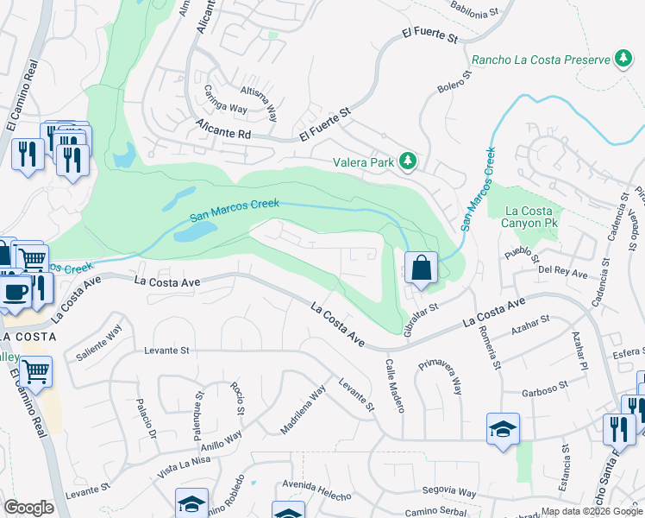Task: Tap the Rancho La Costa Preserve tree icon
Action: [x=623, y=59]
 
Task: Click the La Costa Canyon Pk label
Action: [x=530, y=217]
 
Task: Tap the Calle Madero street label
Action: [x=394, y=385]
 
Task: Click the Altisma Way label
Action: [x=259, y=103]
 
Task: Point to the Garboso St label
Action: [x=542, y=388]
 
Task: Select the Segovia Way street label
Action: [x=451, y=491]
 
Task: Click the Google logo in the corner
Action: [x=28, y=507]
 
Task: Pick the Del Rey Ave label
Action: [x=562, y=274]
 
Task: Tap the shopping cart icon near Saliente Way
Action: [x=36, y=372]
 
